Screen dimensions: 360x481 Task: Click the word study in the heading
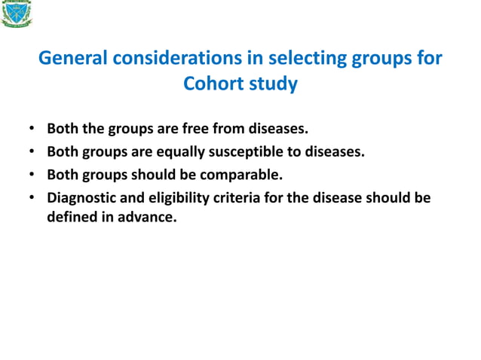coord(274,84)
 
